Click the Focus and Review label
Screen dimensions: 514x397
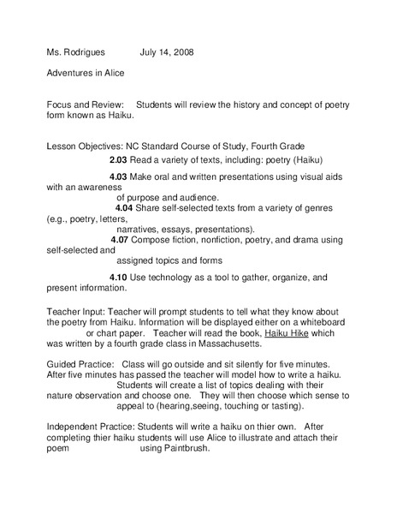[86, 103]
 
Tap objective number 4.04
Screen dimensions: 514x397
[124, 207]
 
